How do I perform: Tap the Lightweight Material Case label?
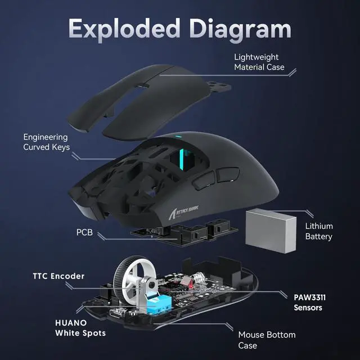click(x=259, y=62)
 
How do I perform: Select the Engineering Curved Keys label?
click(x=46, y=142)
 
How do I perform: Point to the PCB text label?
click(x=85, y=232)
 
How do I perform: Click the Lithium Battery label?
click(x=318, y=231)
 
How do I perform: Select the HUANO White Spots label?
click(x=80, y=328)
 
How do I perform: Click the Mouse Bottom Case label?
click(x=266, y=340)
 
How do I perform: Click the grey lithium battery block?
click(x=272, y=226)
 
